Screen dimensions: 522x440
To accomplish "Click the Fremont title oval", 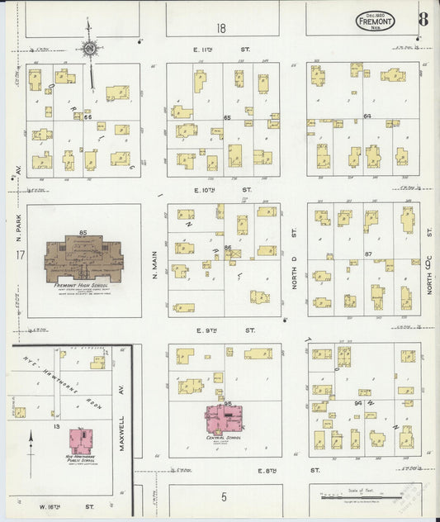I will point(375,21).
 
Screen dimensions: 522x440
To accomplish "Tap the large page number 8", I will point(422,18).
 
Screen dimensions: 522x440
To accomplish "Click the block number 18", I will point(221,28).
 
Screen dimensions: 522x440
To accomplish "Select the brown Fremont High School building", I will point(83,259).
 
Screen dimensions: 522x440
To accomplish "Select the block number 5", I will point(223,497).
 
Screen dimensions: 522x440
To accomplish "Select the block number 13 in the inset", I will point(56,427).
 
